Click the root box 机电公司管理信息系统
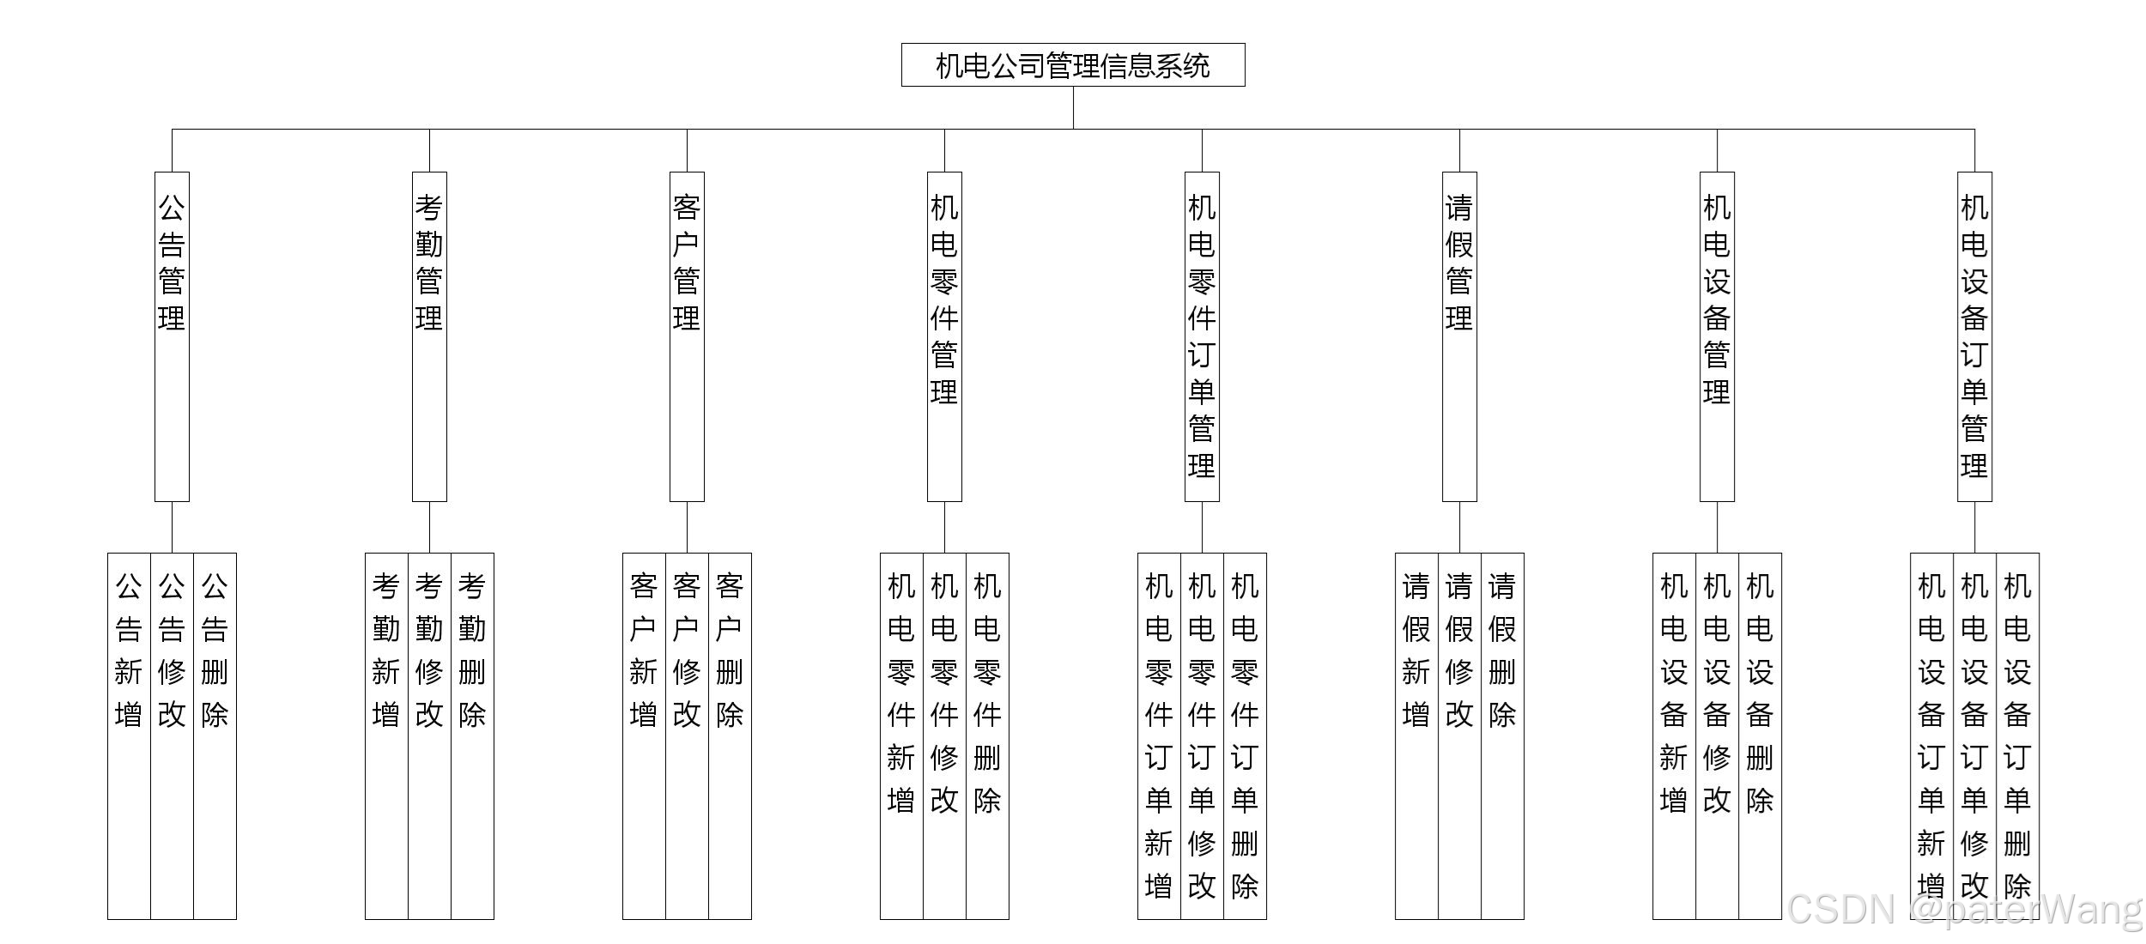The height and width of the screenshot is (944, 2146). [x=1073, y=65]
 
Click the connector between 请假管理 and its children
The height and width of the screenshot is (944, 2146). [x=1459, y=527]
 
